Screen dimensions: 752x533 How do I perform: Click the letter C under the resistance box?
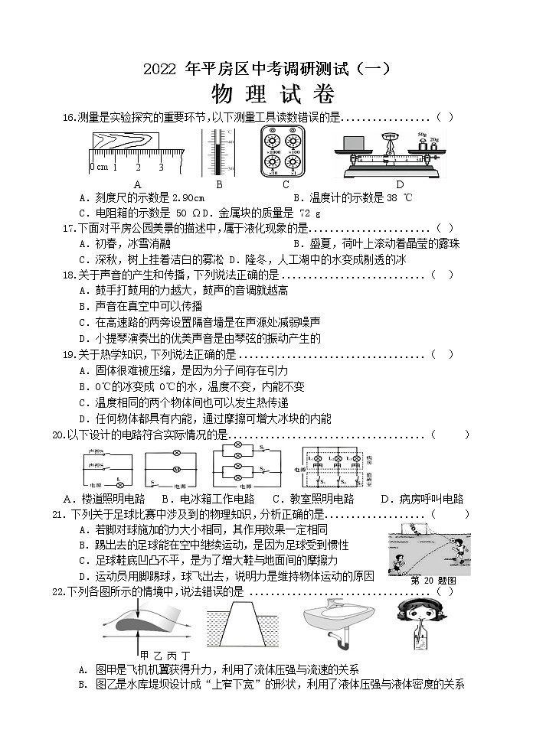(286, 184)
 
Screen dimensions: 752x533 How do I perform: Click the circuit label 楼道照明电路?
(114, 499)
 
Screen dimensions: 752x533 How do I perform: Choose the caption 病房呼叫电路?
(431, 499)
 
